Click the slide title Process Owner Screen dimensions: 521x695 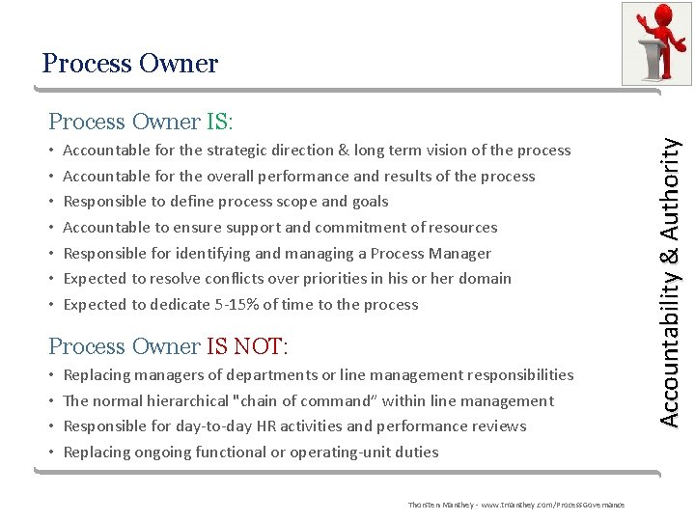[x=130, y=64]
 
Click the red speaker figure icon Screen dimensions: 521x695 [x=655, y=42]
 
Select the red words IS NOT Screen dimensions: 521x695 [x=245, y=346]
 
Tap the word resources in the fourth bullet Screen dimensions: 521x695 [x=461, y=228]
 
